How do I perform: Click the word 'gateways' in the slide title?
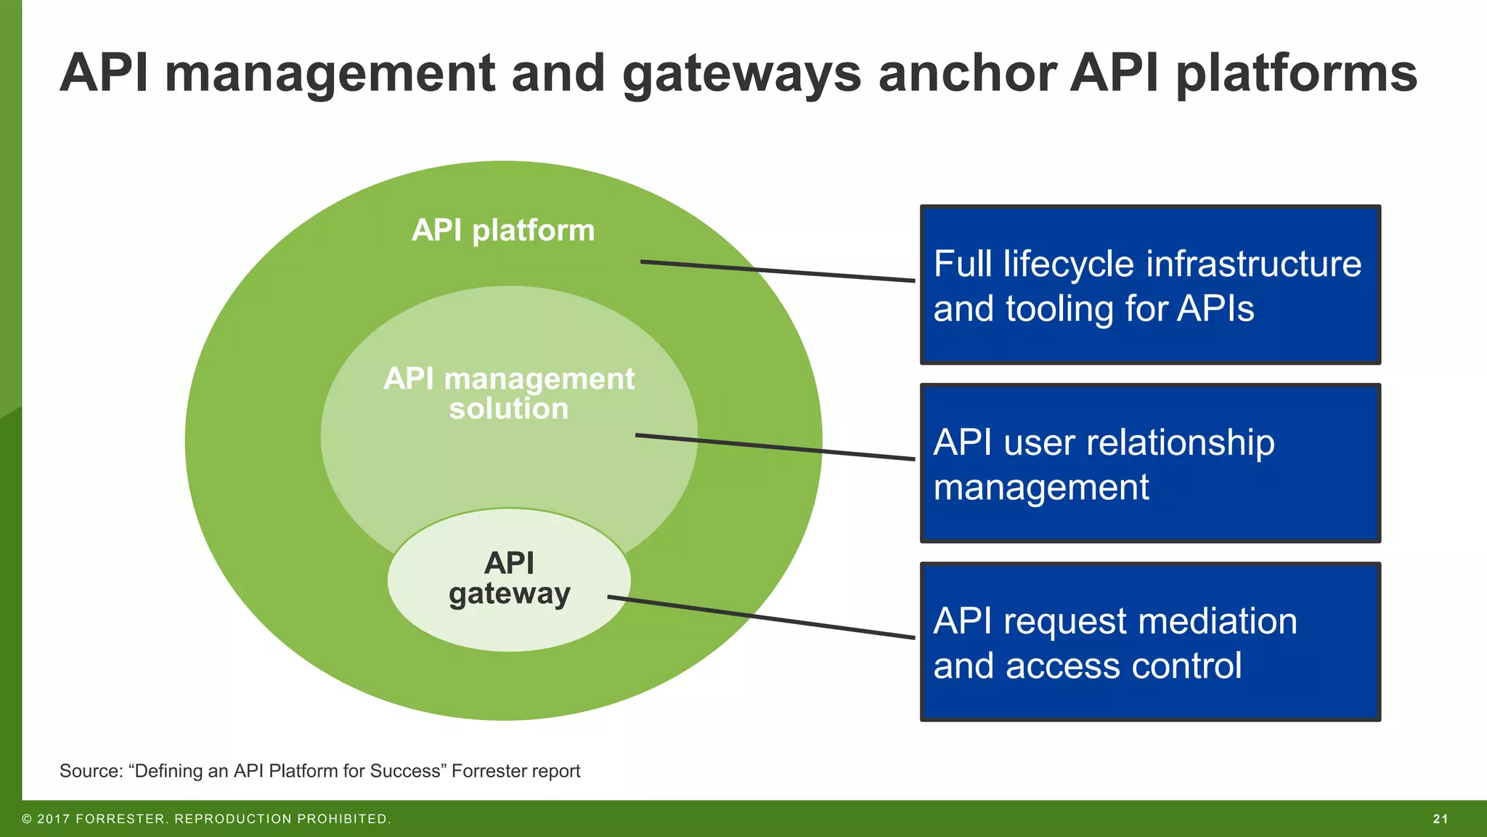[741, 74]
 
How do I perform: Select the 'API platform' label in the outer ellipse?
[503, 230]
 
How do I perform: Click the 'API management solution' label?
[508, 393]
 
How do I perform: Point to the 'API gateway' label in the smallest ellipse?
[509, 578]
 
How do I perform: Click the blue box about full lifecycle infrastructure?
[1150, 285]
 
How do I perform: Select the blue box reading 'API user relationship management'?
[1150, 464]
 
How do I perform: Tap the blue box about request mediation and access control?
[1150, 642]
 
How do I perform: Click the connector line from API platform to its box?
[777, 271]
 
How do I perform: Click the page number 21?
[1441, 819]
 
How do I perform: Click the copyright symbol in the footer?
[27, 819]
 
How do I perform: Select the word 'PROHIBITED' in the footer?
[343, 819]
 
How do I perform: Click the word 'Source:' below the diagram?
[91, 771]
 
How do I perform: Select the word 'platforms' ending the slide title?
[1296, 74]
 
